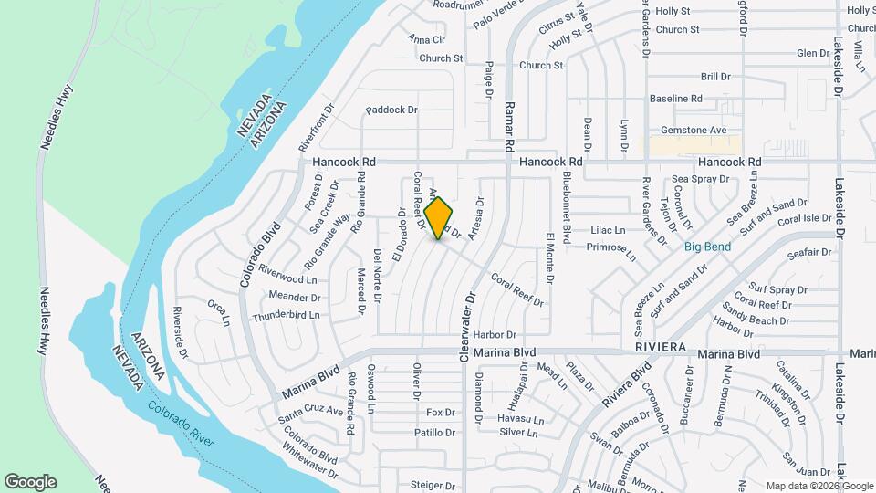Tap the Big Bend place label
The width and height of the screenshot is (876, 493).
click(708, 246)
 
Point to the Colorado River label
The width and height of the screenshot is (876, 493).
click(182, 426)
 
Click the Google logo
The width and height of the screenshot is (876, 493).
click(30, 482)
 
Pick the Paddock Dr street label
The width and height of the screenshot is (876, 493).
click(391, 110)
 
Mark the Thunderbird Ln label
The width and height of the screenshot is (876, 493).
click(287, 315)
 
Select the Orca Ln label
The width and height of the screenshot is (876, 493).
click(216, 311)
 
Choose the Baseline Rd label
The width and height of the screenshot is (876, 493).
click(675, 98)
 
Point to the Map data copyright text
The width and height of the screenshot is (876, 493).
click(819, 486)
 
